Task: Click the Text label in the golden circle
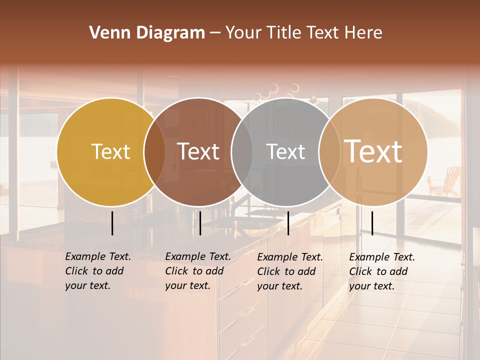click(x=110, y=151)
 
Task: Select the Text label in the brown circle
click(x=198, y=151)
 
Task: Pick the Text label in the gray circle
click(x=285, y=151)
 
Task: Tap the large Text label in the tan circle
click(x=373, y=151)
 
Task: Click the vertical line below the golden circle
click(x=112, y=223)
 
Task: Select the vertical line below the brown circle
click(x=200, y=223)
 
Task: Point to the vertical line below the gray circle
click(x=288, y=223)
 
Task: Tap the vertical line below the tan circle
click(x=372, y=223)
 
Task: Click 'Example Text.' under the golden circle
click(x=98, y=256)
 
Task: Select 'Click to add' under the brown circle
click(x=194, y=271)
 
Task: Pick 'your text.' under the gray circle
click(x=279, y=286)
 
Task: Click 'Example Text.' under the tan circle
click(x=382, y=257)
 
